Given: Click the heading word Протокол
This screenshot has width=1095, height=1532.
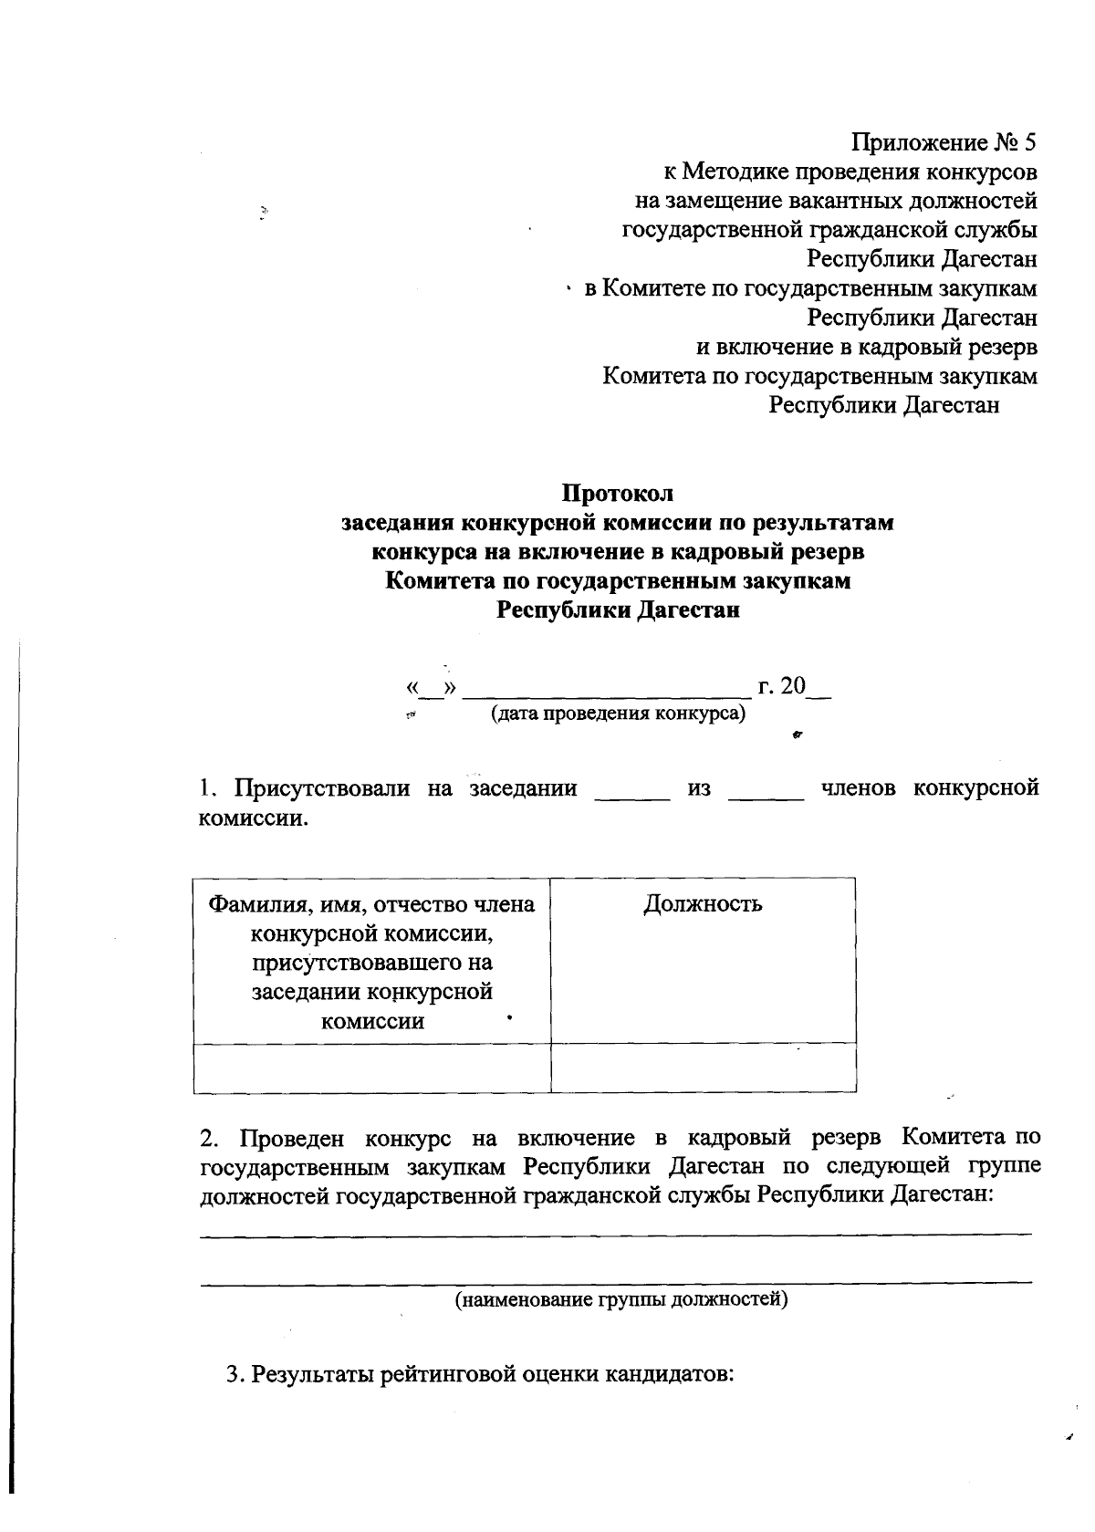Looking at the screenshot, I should click(x=617, y=494).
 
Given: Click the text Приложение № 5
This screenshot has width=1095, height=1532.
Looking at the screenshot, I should click(x=944, y=142).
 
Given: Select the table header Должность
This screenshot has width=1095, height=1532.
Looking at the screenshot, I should click(x=703, y=904).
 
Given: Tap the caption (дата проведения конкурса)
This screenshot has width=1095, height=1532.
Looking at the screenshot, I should click(x=618, y=713).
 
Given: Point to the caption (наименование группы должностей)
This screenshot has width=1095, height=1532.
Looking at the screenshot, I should click(x=621, y=1298).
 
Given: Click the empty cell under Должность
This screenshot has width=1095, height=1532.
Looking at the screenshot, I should click(x=703, y=1068).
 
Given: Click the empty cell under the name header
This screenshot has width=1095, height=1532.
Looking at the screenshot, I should click(x=371, y=1068).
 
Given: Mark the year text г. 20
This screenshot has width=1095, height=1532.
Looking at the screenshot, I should click(x=782, y=685).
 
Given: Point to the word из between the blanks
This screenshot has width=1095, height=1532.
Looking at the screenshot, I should click(x=699, y=788).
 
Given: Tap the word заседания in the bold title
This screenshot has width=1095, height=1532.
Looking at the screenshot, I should click(x=399, y=523).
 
